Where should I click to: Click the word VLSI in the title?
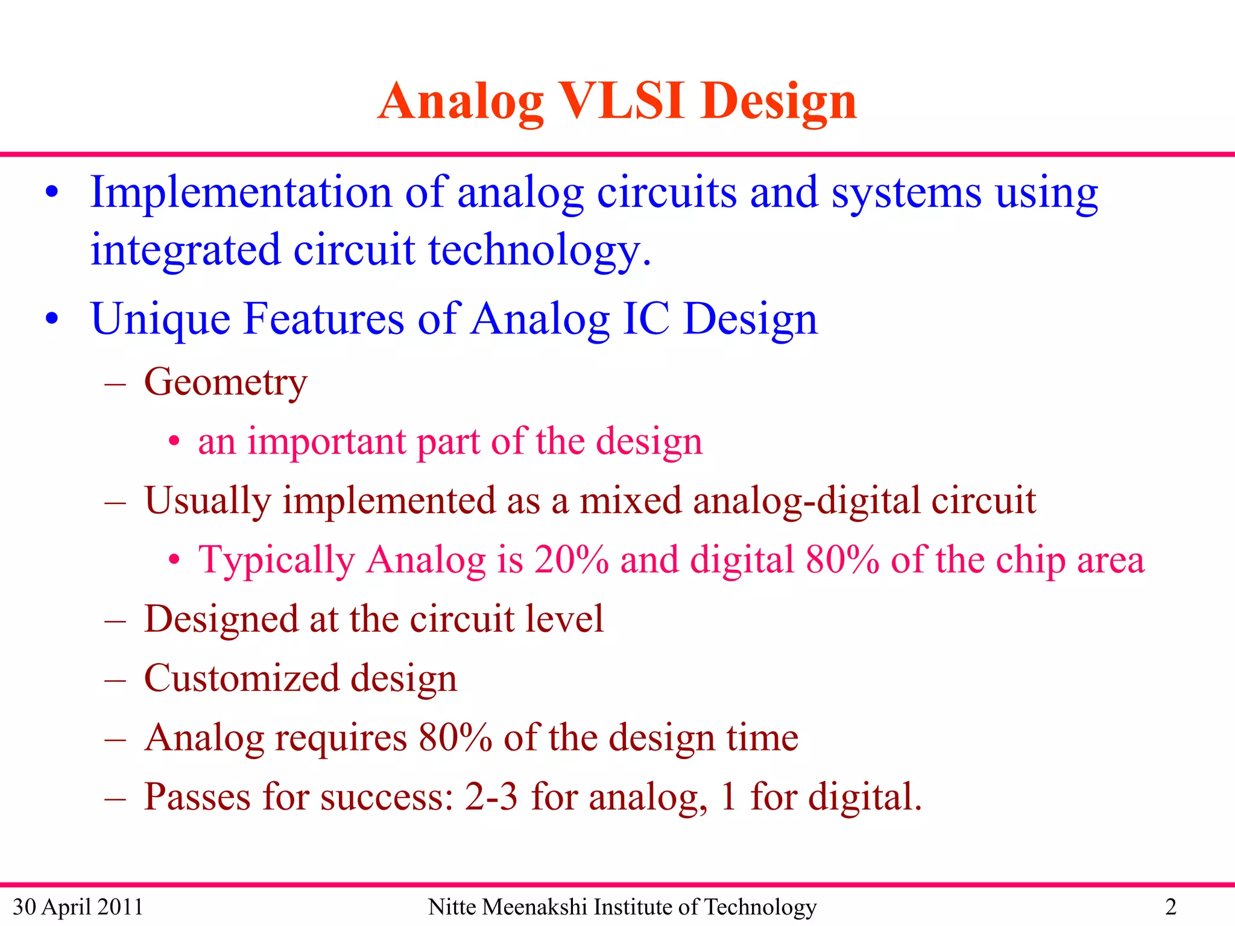[623, 101]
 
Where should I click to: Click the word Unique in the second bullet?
[160, 320]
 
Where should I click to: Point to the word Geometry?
[226, 383]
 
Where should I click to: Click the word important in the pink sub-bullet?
[326, 441]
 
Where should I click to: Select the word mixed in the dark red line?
[630, 500]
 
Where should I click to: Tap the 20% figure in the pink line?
[571, 559]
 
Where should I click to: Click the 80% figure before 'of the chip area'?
[842, 559]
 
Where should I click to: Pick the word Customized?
[241, 678]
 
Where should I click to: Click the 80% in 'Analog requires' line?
[455, 737]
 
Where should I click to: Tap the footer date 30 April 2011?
[78, 907]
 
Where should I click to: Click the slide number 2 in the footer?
[1170, 907]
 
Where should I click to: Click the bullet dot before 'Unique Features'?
[52, 318]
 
